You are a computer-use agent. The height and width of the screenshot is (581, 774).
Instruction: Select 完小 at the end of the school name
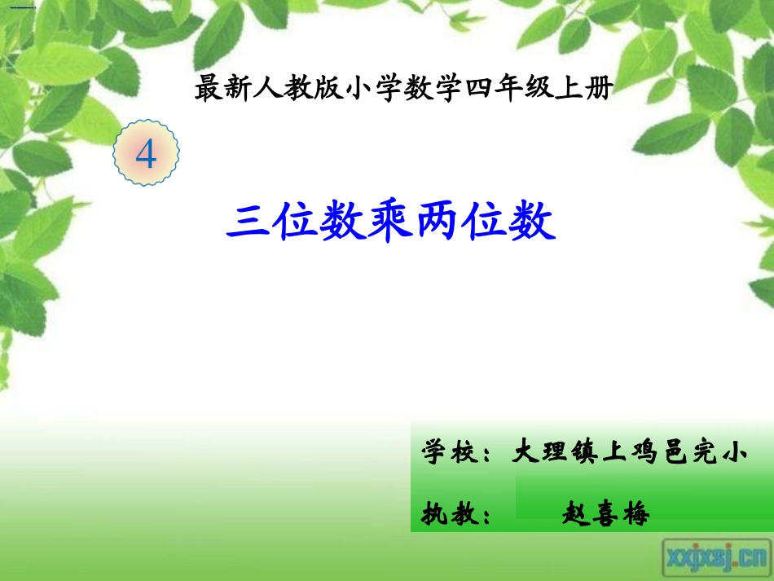720,451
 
